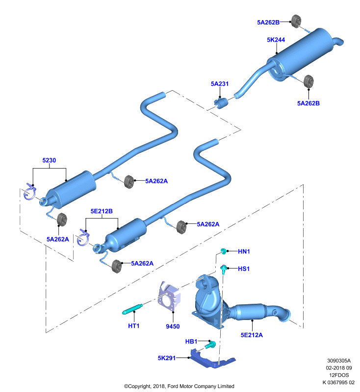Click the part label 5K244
tap(276, 40)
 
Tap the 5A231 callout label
tap(220, 84)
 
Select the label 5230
tap(49, 160)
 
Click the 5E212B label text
tap(102, 211)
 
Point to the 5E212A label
tap(252, 335)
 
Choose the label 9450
tap(173, 326)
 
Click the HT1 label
tap(133, 326)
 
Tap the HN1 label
tap(244, 251)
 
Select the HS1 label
tap(244, 269)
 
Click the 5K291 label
tap(167, 358)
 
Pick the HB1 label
tap(191, 341)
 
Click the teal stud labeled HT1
tap(132, 309)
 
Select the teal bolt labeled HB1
tap(210, 345)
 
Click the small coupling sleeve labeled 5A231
tap(221, 103)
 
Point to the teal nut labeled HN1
tap(224, 251)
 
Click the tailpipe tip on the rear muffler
tap(339, 42)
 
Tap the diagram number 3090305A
tap(339, 361)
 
